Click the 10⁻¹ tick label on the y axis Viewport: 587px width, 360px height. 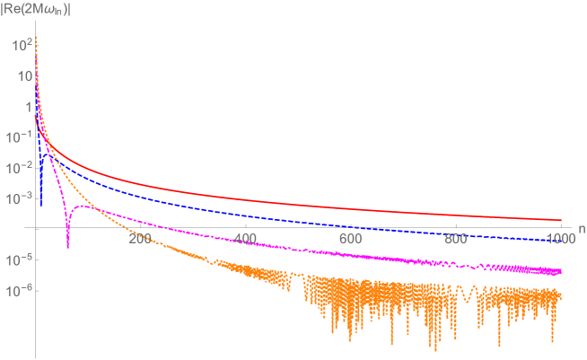tap(18, 136)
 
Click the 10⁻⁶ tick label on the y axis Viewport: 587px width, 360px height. tap(18, 291)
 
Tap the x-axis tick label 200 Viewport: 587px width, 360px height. tap(140, 240)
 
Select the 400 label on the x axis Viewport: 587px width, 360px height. tap(245, 240)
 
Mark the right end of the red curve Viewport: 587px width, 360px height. tap(561, 220)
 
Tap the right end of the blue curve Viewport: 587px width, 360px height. tap(561, 240)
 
